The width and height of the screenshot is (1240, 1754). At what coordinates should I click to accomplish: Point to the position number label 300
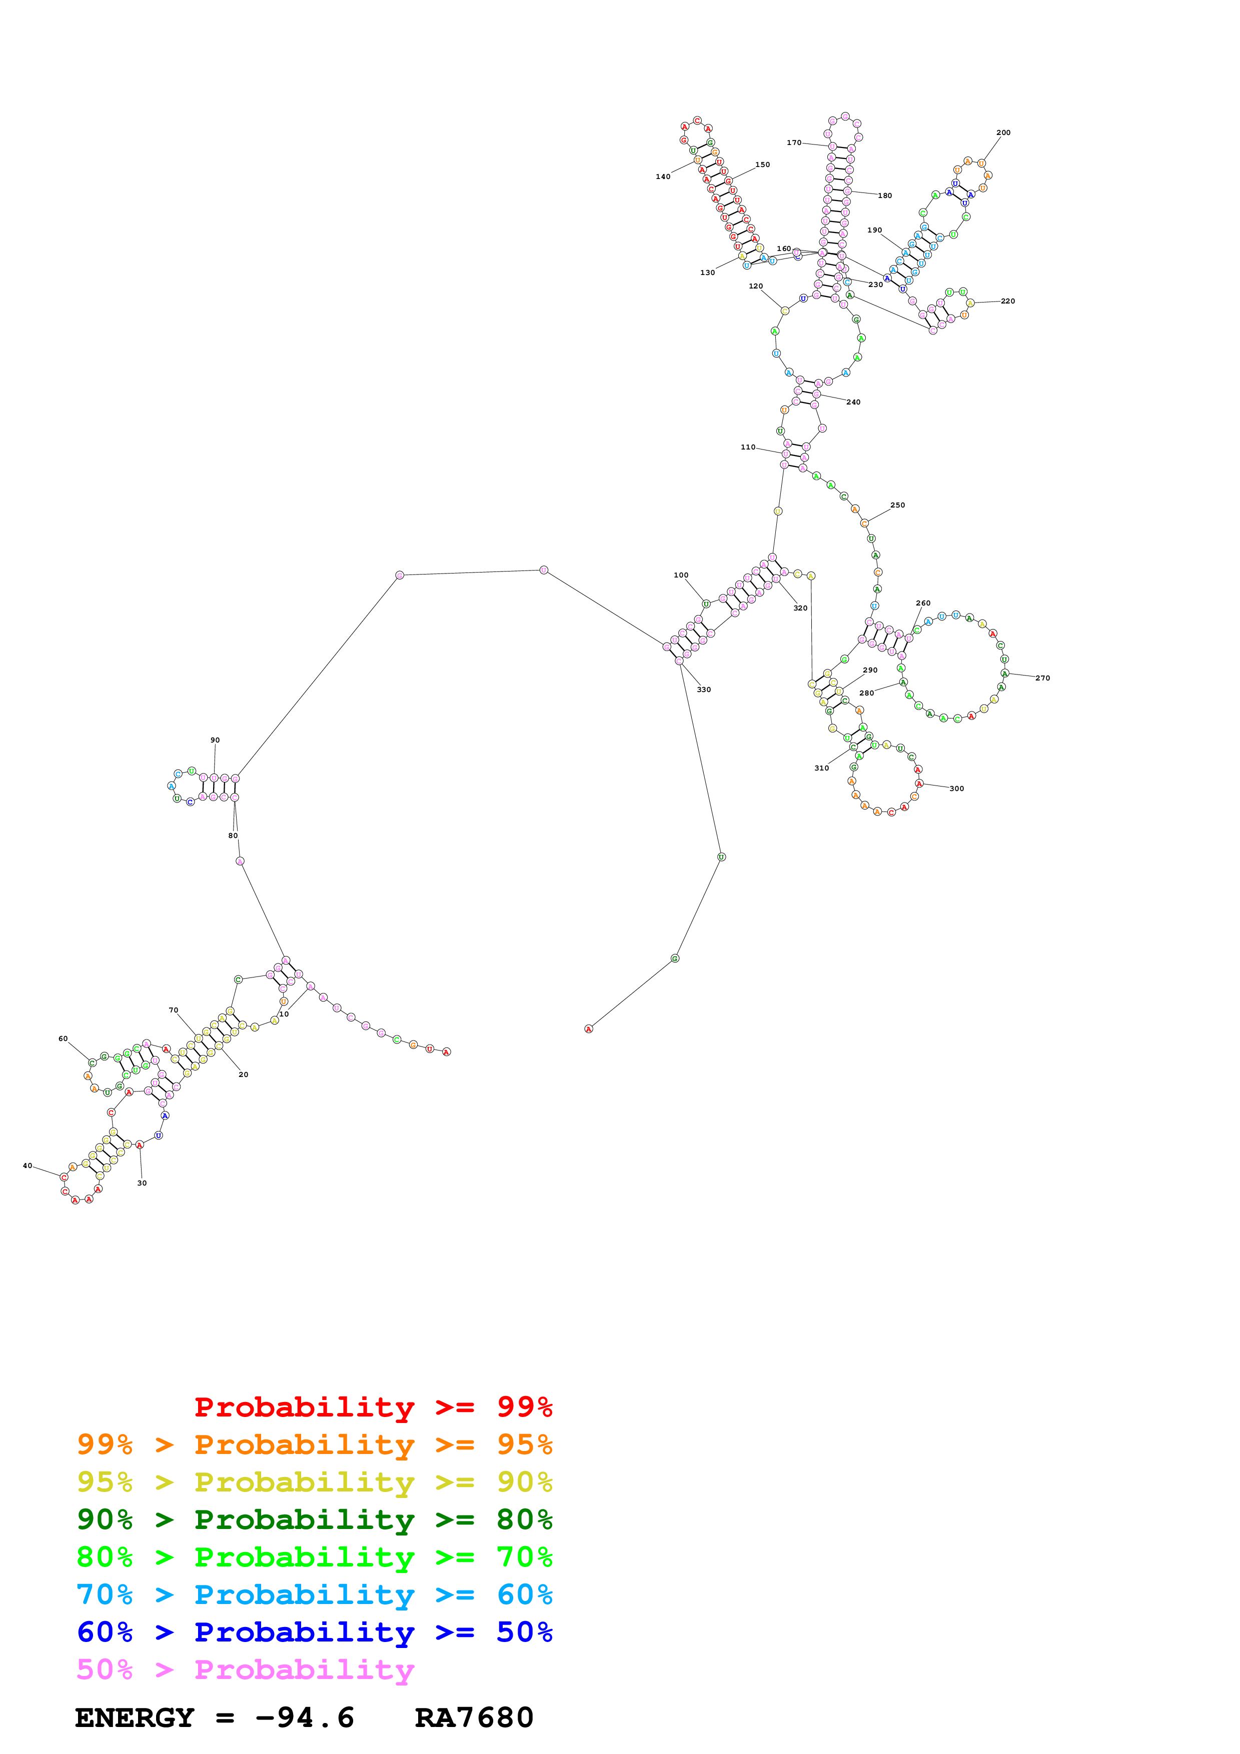click(x=956, y=789)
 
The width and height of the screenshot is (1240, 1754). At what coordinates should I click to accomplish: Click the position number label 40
click(x=28, y=1166)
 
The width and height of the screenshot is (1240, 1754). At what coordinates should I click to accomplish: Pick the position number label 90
click(x=215, y=740)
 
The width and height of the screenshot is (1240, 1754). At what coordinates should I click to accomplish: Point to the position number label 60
click(x=63, y=1039)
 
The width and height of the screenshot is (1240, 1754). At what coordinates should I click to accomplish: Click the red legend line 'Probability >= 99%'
click(x=373, y=1407)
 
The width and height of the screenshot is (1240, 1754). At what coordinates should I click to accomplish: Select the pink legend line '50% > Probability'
click(x=245, y=1670)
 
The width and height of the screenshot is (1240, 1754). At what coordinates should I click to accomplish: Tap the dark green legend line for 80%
click(x=314, y=1519)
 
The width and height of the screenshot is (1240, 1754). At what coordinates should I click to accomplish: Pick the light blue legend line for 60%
click(x=314, y=1595)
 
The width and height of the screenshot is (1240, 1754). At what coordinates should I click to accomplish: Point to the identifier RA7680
click(x=474, y=1718)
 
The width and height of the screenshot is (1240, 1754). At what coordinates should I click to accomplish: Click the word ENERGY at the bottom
click(x=135, y=1718)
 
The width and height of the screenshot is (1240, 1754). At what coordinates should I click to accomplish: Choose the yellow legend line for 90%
click(x=314, y=1482)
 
